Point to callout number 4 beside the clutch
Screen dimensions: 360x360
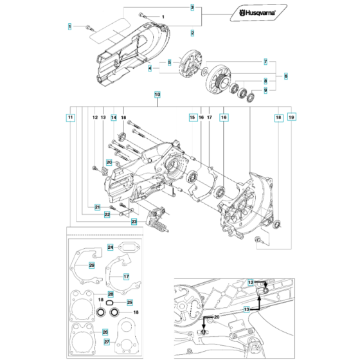pos(150,68)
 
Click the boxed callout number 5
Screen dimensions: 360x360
pos(169,62)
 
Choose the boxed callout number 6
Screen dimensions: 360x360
pos(285,75)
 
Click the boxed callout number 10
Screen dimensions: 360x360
pos(157,94)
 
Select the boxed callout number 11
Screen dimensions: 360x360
pos(70,118)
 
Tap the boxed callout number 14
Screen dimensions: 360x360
pos(113,118)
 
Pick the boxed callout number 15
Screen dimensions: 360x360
pos(192,118)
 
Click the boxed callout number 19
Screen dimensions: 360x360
pos(292,118)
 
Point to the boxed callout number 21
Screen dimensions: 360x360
pos(98,206)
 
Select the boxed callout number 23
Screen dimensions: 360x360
pos(134,222)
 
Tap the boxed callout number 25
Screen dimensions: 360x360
pos(129,302)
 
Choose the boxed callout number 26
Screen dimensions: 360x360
pos(105,332)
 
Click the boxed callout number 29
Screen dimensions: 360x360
pos(91,265)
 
